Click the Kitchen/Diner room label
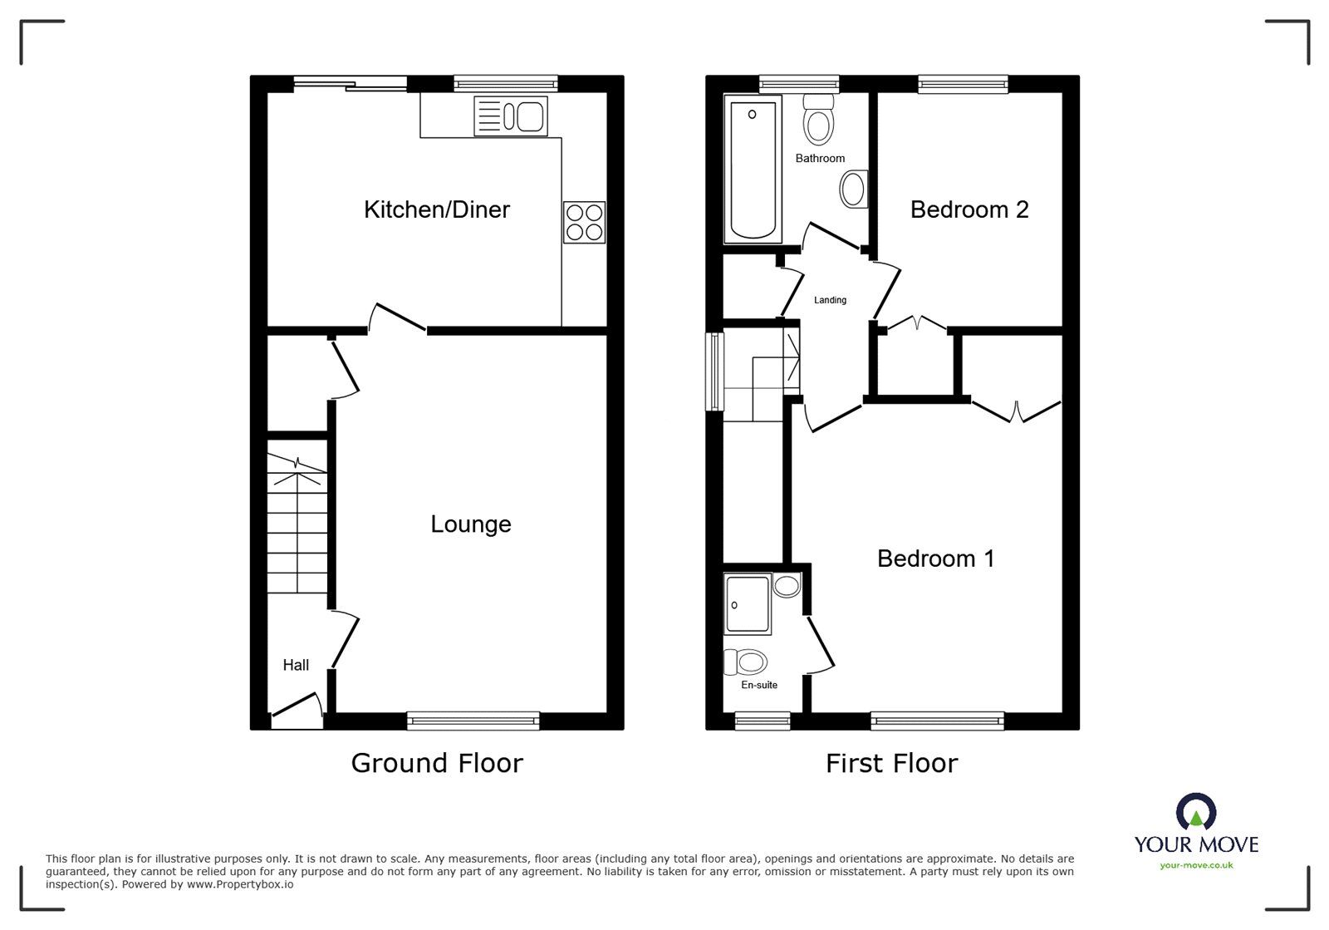[437, 209]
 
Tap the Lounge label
[470, 524]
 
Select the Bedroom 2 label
[969, 209]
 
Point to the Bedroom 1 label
[935, 558]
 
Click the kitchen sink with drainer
[511, 116]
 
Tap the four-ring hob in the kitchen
[585, 223]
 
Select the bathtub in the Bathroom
[753, 170]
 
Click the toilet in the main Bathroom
[819, 120]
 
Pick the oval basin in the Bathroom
[854, 189]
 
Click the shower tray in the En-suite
[748, 603]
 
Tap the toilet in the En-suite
[746, 662]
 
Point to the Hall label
[296, 666]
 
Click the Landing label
[830, 300]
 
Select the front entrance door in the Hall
[297, 711]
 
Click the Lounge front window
[473, 721]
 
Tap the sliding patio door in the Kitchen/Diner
[350, 84]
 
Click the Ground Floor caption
[437, 763]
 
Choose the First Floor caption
[892, 763]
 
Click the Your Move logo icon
[1196, 811]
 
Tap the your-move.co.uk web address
[1196, 865]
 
